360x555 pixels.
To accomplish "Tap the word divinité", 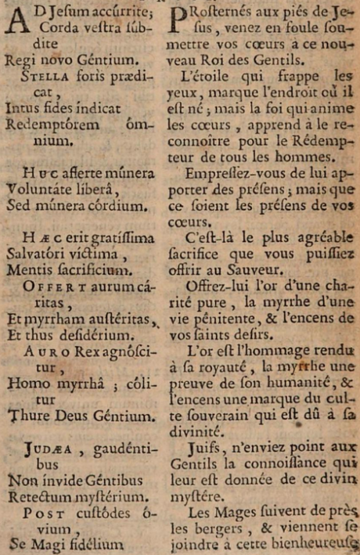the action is click(194, 431).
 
